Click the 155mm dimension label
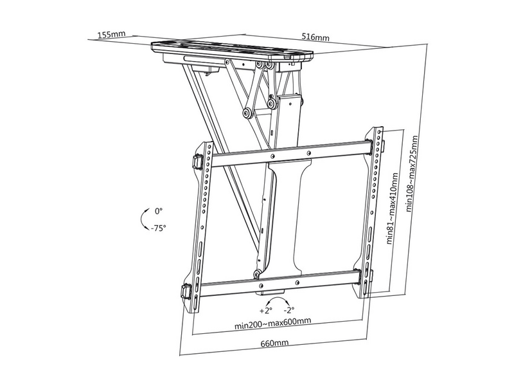point(111,34)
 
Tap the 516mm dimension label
point(315,37)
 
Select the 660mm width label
point(275,343)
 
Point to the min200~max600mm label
point(272,324)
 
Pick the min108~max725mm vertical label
point(412,173)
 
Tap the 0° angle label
point(159,211)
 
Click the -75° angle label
point(158,228)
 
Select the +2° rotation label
point(266,310)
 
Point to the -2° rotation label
point(288,309)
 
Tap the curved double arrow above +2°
point(278,300)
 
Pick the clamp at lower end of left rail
point(186,291)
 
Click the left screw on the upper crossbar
point(272,156)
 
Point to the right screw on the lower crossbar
point(297,282)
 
